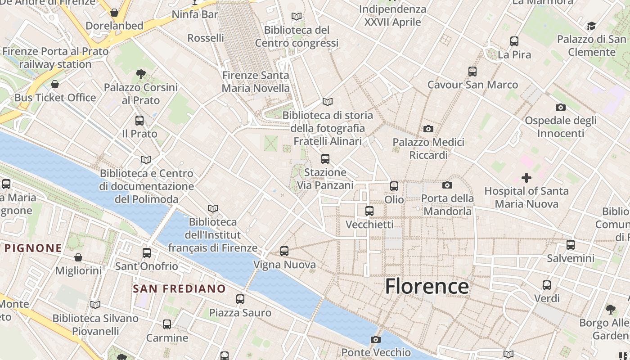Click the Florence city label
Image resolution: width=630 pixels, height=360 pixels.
pos(427,287)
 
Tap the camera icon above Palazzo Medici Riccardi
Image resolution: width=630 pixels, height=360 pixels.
pos(428,129)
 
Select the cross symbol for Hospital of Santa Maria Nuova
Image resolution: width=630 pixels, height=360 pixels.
pos(526,178)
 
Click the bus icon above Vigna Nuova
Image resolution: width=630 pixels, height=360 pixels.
pos(284,251)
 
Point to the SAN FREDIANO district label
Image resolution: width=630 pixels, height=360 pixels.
pos(179,289)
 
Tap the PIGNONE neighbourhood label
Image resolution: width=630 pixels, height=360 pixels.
pos(33,248)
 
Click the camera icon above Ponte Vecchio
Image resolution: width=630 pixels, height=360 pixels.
pos(376,339)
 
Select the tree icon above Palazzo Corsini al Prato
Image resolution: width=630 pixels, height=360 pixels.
pos(141,74)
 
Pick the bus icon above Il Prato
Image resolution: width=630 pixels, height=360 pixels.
pos(139,121)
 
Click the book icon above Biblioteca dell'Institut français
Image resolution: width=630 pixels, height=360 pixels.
pos(213,208)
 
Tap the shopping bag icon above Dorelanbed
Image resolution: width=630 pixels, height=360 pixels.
pos(114,13)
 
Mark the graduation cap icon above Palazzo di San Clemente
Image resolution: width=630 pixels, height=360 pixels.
pos(591,26)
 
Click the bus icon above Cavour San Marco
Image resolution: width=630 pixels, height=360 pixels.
pos(472,71)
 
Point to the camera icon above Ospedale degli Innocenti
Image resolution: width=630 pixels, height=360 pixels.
pos(561,107)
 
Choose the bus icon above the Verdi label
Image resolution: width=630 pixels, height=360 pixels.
pos(547,285)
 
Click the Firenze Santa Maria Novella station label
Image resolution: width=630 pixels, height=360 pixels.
pos(256,82)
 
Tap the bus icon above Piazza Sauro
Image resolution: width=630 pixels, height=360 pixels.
pos(240,299)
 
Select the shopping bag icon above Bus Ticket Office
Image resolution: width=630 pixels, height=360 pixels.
pos(55,85)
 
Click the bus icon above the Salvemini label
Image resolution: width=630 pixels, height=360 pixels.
pos(571,245)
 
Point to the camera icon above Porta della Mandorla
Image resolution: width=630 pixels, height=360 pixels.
pos(447,185)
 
